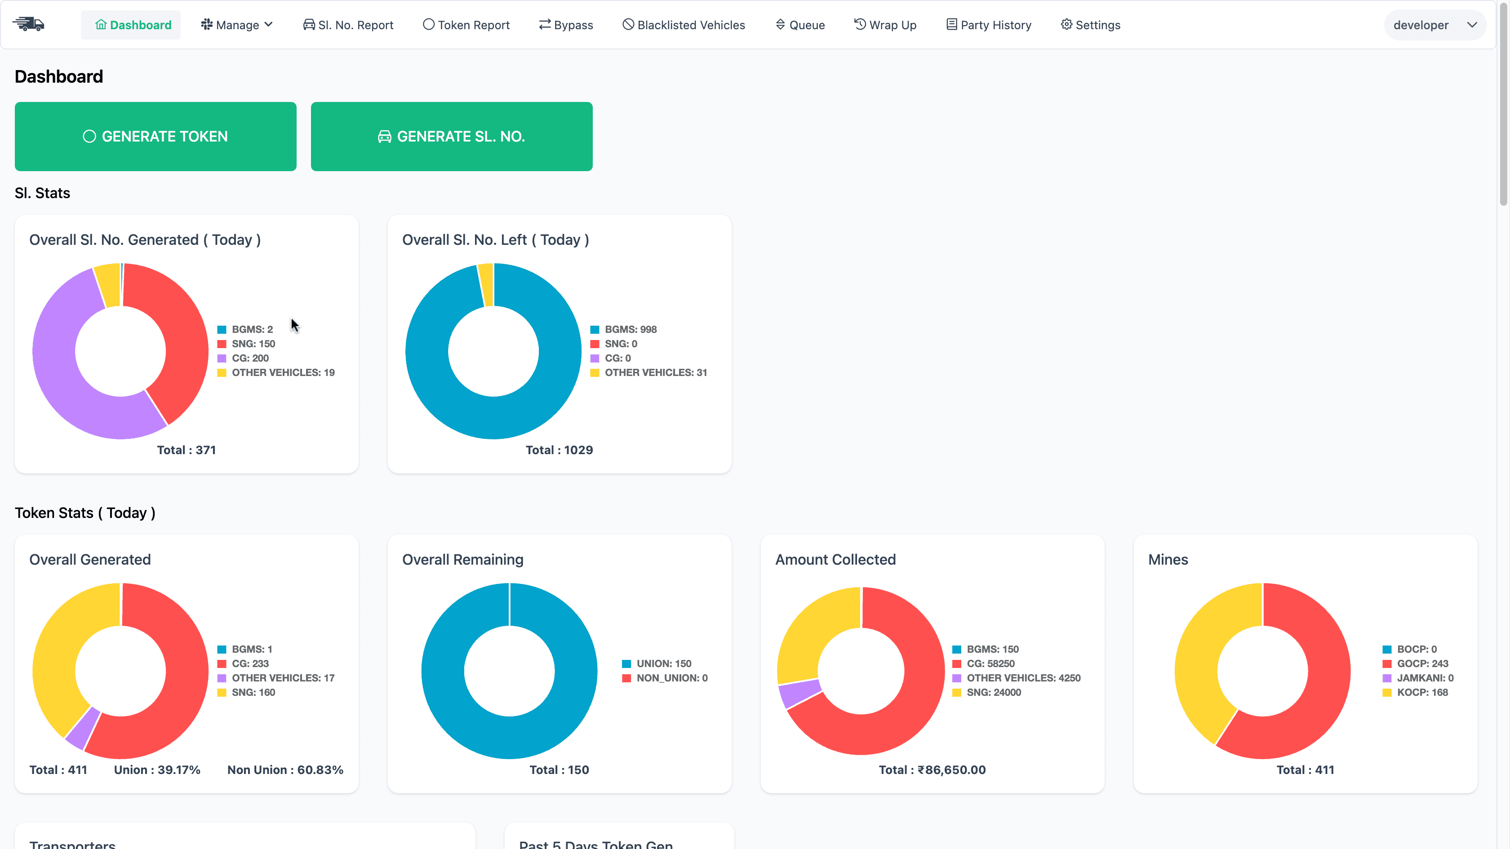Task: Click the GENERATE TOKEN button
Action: pyautogui.click(x=155, y=137)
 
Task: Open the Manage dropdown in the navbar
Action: pyautogui.click(x=237, y=25)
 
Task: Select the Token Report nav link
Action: pyautogui.click(x=466, y=25)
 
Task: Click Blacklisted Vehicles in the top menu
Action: pyautogui.click(x=684, y=25)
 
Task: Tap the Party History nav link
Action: pyautogui.click(x=988, y=25)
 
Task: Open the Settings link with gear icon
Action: pyautogui.click(x=1090, y=25)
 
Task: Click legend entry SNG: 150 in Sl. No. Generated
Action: pyautogui.click(x=253, y=344)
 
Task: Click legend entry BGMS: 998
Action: pyautogui.click(x=630, y=329)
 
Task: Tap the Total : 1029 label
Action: pyautogui.click(x=559, y=450)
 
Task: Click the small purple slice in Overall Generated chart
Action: pyautogui.click(x=83, y=728)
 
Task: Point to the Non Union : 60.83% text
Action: pyautogui.click(x=285, y=770)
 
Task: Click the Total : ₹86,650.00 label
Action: pyautogui.click(x=932, y=770)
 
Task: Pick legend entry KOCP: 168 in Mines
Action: pyautogui.click(x=1421, y=693)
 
